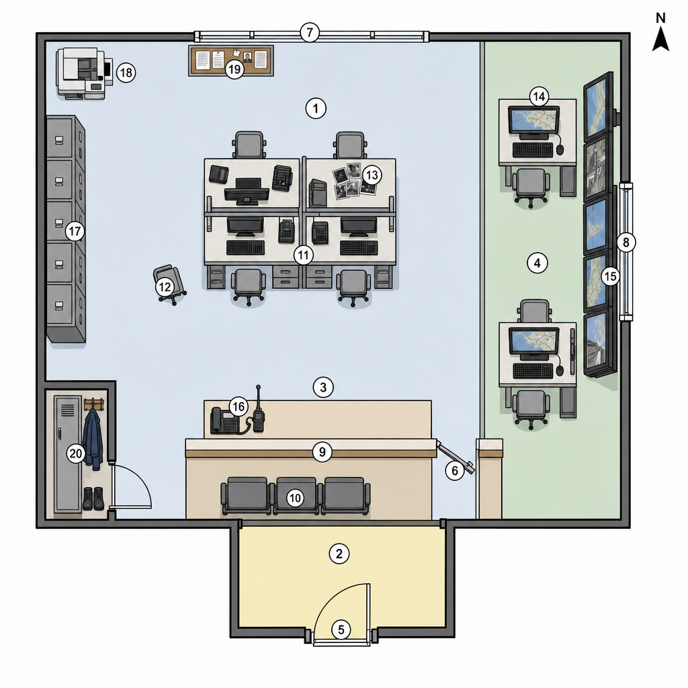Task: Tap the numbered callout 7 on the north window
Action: tap(310, 32)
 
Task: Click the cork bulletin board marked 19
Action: tap(231, 60)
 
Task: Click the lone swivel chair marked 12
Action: tap(169, 284)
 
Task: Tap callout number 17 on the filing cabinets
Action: tap(75, 231)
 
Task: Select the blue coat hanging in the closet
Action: tap(93, 439)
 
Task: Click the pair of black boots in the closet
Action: tap(93, 499)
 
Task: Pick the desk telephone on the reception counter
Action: tap(224, 421)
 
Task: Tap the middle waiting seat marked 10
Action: tap(296, 496)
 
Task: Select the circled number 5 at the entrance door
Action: tap(341, 630)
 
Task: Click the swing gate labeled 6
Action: tap(456, 457)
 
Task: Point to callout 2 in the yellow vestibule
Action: tap(339, 554)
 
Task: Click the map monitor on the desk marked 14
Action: tap(533, 121)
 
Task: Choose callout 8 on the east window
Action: tap(626, 242)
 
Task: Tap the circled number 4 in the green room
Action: tap(537, 263)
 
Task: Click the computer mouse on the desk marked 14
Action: tap(560, 150)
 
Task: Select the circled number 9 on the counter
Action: tap(322, 451)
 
